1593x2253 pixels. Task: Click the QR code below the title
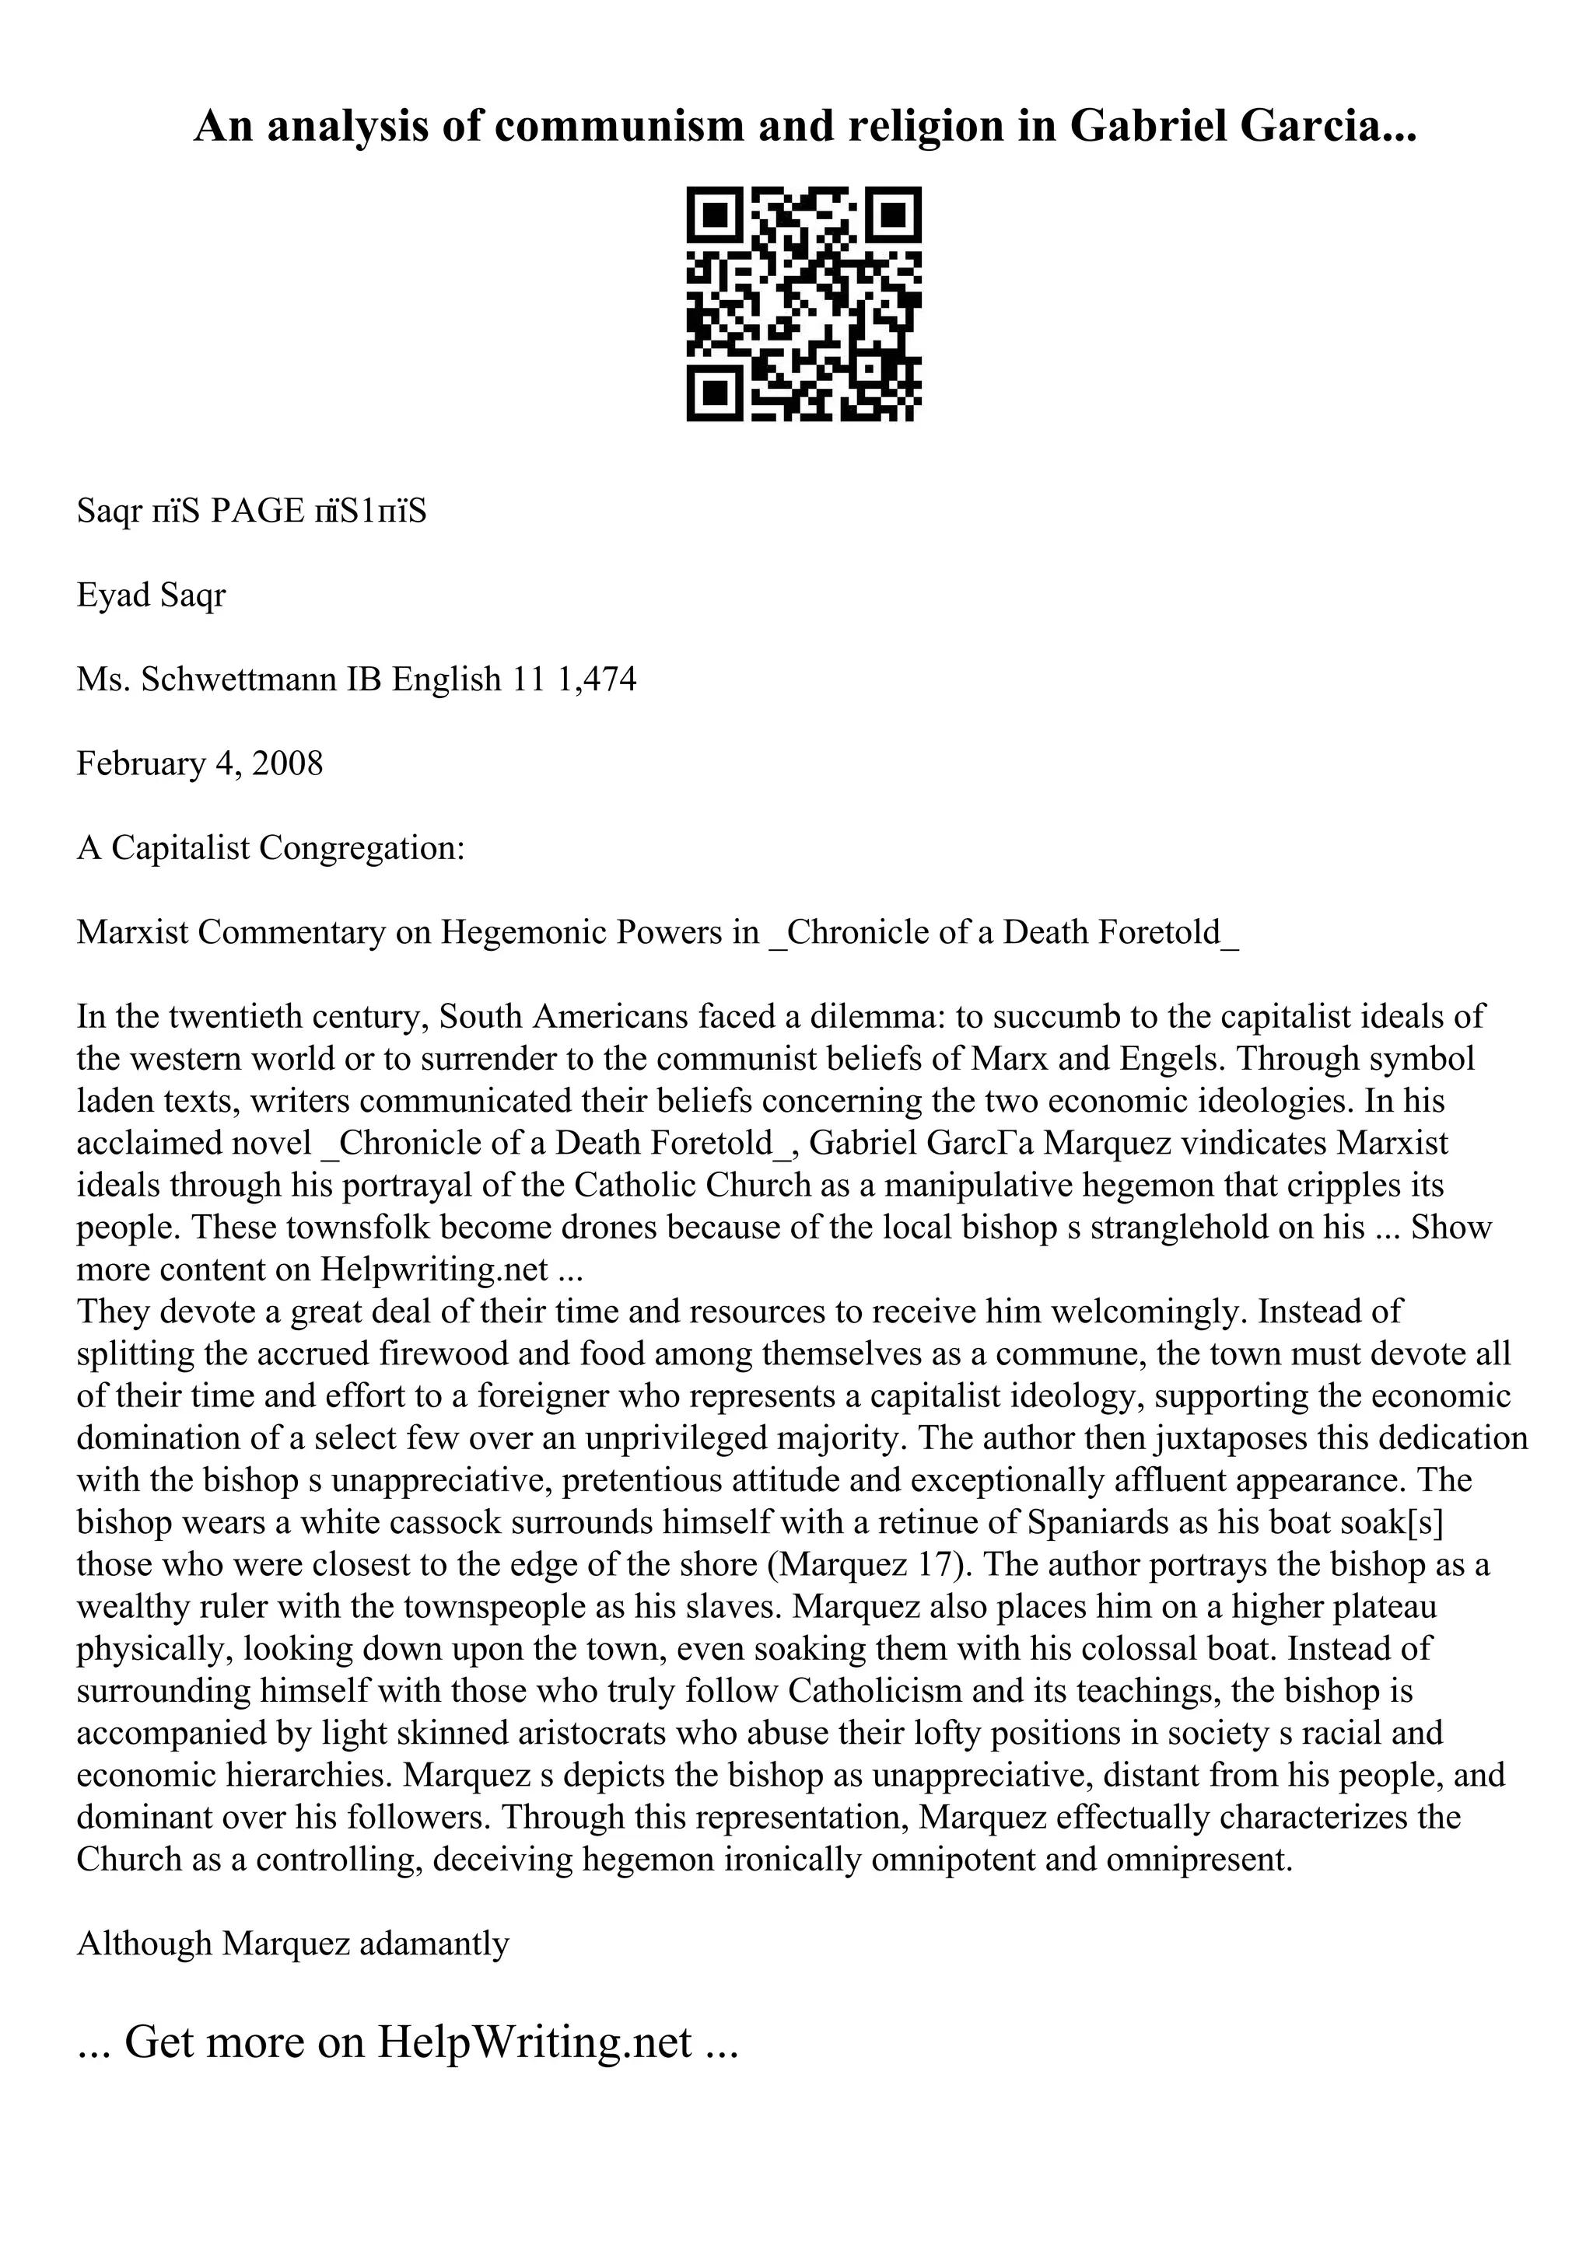pyautogui.click(x=803, y=304)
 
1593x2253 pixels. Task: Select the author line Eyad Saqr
pyautogui.click(x=151, y=595)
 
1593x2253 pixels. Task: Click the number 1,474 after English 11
pyautogui.click(x=596, y=679)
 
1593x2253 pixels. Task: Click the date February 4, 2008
pyautogui.click(x=199, y=763)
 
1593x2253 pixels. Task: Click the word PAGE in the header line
pyautogui.click(x=258, y=512)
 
